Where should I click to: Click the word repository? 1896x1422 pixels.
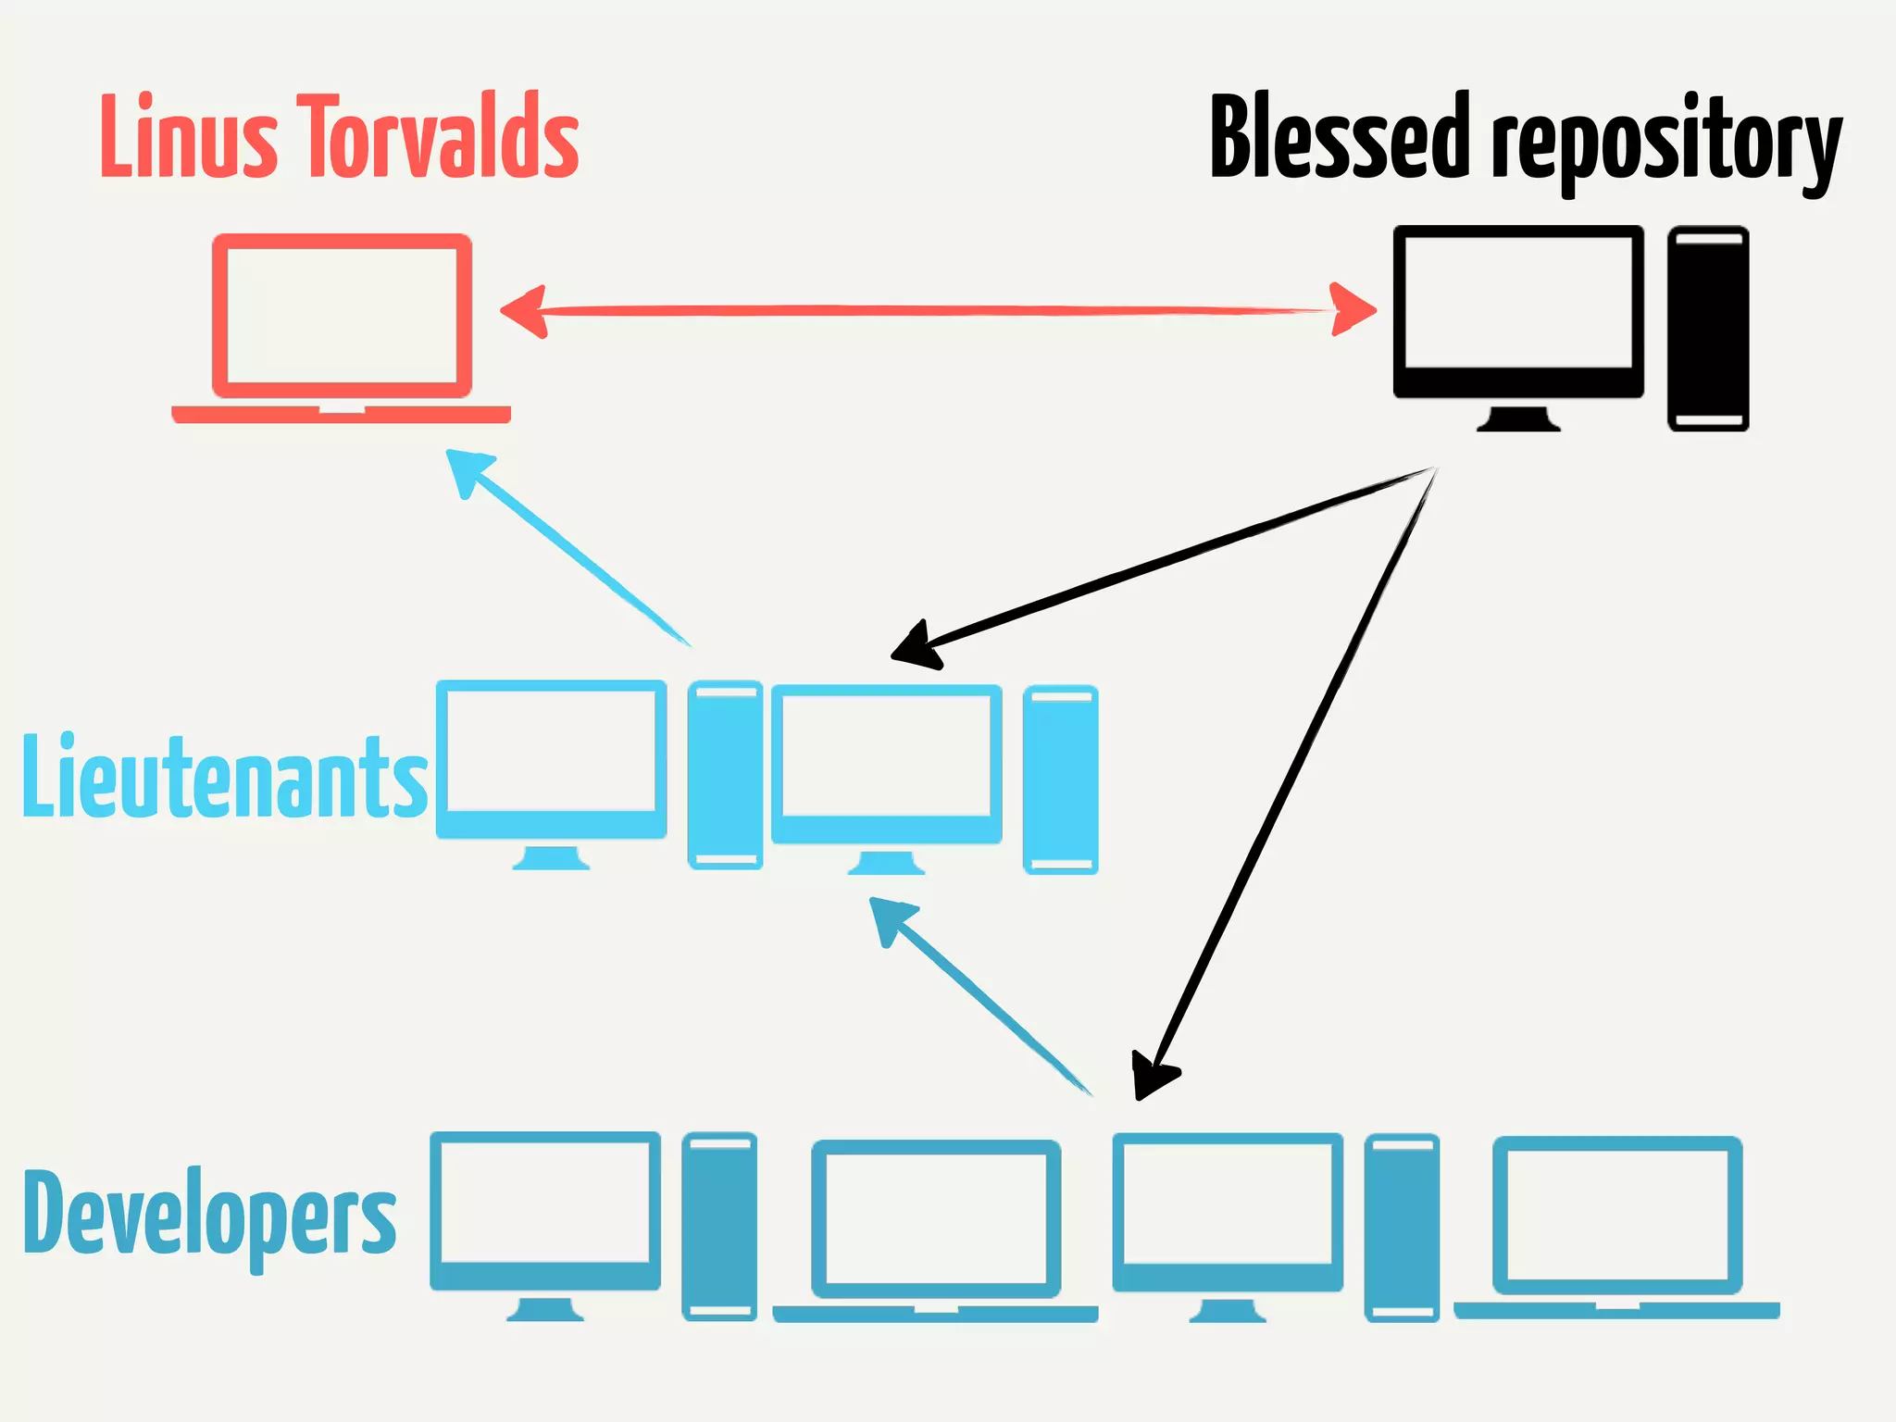pyautogui.click(x=1665, y=143)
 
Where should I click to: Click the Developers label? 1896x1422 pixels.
pyautogui.click(x=210, y=1213)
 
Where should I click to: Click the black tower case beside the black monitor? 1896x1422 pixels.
pyautogui.click(x=1708, y=328)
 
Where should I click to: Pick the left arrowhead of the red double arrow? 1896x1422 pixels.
pyautogui.click(x=523, y=312)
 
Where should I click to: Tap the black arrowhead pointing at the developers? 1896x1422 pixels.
pyautogui.click(x=1152, y=1075)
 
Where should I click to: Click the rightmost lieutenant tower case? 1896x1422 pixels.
pyautogui.click(x=1060, y=779)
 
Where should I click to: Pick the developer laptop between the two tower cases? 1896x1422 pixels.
pyautogui.click(x=936, y=1228)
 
